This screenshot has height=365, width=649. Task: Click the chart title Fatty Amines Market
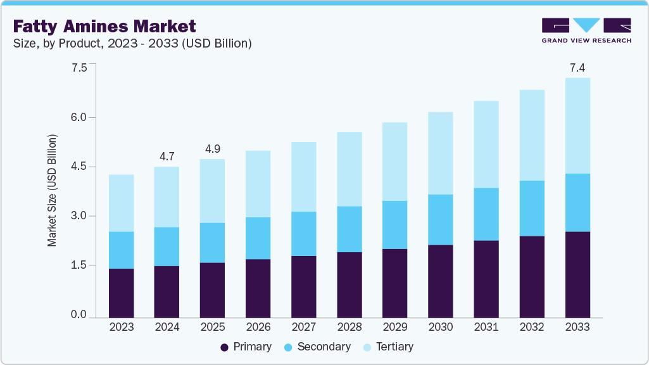point(105,26)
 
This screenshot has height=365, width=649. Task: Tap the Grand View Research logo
point(586,30)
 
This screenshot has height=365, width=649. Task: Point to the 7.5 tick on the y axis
point(79,68)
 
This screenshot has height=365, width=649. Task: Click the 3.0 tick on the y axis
point(79,216)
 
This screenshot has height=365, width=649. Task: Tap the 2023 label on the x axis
point(121,327)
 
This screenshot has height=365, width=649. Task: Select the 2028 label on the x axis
point(349,327)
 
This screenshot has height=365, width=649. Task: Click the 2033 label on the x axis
point(577,327)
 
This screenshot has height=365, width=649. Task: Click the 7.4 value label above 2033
point(577,67)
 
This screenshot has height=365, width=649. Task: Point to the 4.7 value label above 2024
point(167,155)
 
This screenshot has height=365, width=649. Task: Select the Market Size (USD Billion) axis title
point(53,190)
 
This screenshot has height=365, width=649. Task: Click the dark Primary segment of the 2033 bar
point(577,274)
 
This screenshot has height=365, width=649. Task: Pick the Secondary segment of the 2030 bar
point(440,219)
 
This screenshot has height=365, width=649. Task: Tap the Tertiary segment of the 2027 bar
point(303,177)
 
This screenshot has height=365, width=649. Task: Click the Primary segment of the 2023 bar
point(121,293)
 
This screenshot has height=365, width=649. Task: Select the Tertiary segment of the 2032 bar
point(531,135)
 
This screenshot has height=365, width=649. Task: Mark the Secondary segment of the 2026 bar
point(258,238)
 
